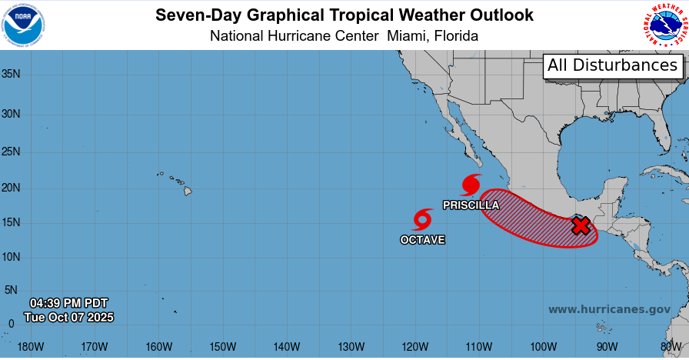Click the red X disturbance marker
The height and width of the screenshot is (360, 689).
pyautogui.click(x=581, y=225)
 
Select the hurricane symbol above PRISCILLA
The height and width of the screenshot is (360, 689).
pyautogui.click(x=471, y=185)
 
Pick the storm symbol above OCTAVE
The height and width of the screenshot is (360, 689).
pyautogui.click(x=422, y=220)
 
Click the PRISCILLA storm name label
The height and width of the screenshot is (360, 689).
pyautogui.click(x=471, y=205)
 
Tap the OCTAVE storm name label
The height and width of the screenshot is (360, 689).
pyautogui.click(x=422, y=240)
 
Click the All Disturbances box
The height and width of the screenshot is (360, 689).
pyautogui.click(x=613, y=66)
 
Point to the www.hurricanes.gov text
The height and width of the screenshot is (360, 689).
pyautogui.click(x=609, y=309)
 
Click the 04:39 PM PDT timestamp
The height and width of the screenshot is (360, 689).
pyautogui.click(x=68, y=303)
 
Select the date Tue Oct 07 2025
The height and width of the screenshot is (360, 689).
pyautogui.click(x=68, y=316)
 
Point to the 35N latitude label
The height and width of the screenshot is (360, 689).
pyautogui.click(x=11, y=75)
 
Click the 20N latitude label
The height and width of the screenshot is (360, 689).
pyautogui.click(x=11, y=187)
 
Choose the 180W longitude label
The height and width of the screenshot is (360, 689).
pyautogui.click(x=30, y=347)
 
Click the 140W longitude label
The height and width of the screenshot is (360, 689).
pyautogui.click(x=286, y=347)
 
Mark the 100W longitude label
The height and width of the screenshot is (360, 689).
pyautogui.click(x=543, y=347)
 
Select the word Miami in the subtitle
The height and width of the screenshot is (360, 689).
pyautogui.click(x=405, y=35)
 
